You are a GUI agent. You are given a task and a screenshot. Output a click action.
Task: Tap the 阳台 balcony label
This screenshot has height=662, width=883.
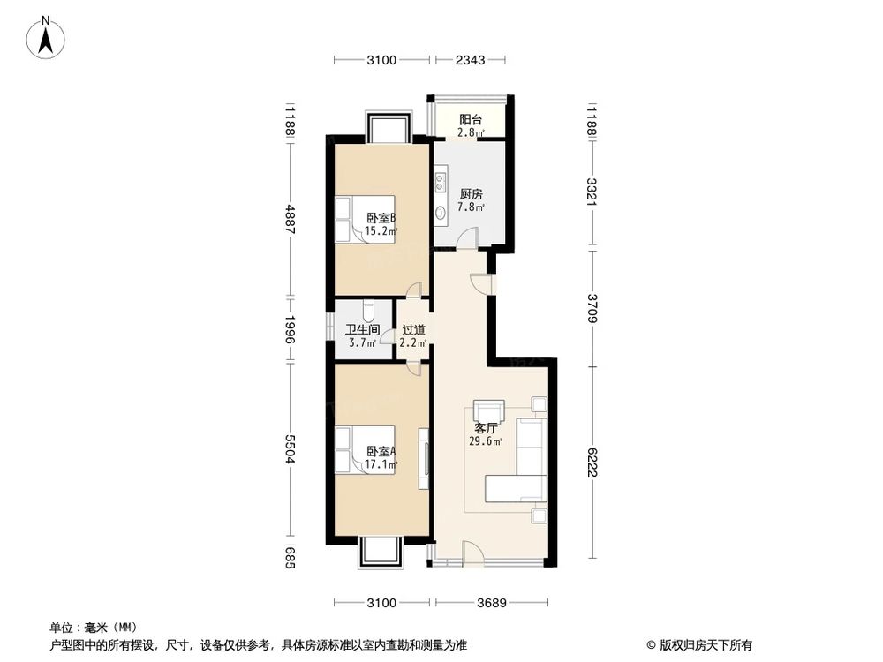(469, 120)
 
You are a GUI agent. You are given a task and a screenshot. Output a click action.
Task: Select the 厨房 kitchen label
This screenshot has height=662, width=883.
(471, 194)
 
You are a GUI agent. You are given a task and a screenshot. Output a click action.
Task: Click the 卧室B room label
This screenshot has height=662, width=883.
(381, 219)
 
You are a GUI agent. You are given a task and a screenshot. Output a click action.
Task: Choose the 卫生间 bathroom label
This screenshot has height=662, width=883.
(362, 330)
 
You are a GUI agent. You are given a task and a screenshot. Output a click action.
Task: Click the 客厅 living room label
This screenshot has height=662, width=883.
(486, 430)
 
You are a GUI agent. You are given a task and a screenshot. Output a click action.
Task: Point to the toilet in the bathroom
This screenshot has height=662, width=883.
(369, 310)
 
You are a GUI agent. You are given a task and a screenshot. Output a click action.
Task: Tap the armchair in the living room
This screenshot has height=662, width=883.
(488, 412)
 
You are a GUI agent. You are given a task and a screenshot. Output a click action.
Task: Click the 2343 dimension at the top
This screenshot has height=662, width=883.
(469, 60)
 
